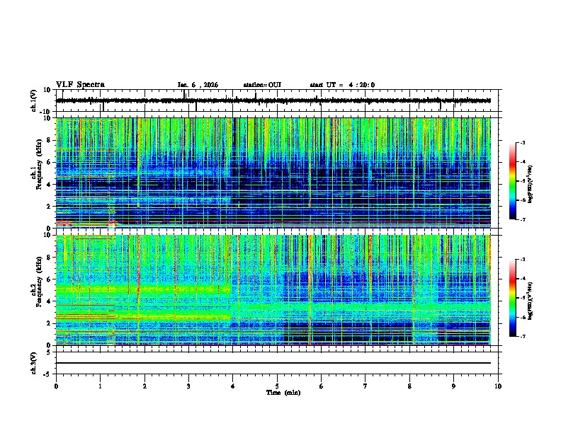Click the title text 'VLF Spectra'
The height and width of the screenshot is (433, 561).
coord(80,84)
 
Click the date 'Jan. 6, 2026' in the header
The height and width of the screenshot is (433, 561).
coord(198,85)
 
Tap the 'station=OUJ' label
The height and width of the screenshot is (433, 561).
coord(262,85)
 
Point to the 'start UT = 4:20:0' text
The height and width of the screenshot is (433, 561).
coord(342,85)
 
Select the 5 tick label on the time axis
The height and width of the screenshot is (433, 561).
coord(277,386)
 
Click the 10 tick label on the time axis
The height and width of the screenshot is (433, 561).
coord(498,386)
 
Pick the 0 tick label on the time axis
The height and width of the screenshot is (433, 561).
coord(56,386)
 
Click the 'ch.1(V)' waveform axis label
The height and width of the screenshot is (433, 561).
coord(34,100)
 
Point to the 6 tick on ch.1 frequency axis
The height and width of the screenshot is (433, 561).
coord(50,162)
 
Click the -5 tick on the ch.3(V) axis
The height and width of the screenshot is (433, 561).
coord(48,373)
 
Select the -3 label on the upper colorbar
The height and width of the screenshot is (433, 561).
coord(523,144)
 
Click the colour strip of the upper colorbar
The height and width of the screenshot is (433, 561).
coord(513,181)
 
